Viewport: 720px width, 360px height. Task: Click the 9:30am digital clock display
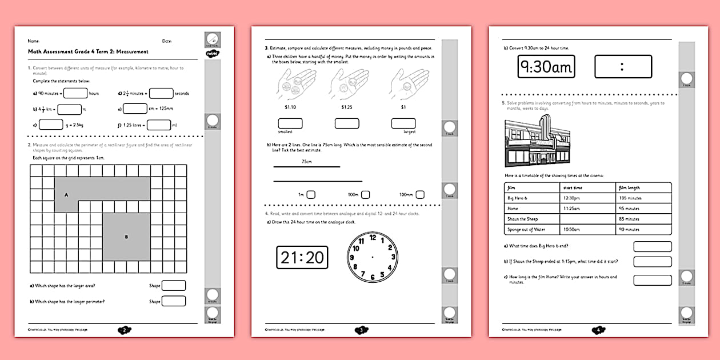(x=546, y=67)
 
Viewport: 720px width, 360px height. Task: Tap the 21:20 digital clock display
(x=302, y=257)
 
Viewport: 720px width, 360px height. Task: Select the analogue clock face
(x=373, y=257)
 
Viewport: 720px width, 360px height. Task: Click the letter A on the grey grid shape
(x=66, y=195)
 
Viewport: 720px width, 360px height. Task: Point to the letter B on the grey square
(x=126, y=236)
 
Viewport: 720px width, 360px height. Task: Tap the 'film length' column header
(x=630, y=187)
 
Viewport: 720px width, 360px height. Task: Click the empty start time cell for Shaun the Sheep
(x=587, y=219)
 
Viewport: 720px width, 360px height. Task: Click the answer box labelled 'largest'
(x=403, y=123)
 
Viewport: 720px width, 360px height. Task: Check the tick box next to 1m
(x=311, y=194)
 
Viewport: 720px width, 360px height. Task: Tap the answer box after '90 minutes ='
(x=75, y=93)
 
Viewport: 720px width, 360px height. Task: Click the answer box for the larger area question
(x=174, y=286)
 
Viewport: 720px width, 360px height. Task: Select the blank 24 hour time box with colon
(x=623, y=67)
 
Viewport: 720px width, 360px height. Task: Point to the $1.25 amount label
(x=347, y=107)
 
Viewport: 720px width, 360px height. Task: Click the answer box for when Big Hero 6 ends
(x=652, y=246)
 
